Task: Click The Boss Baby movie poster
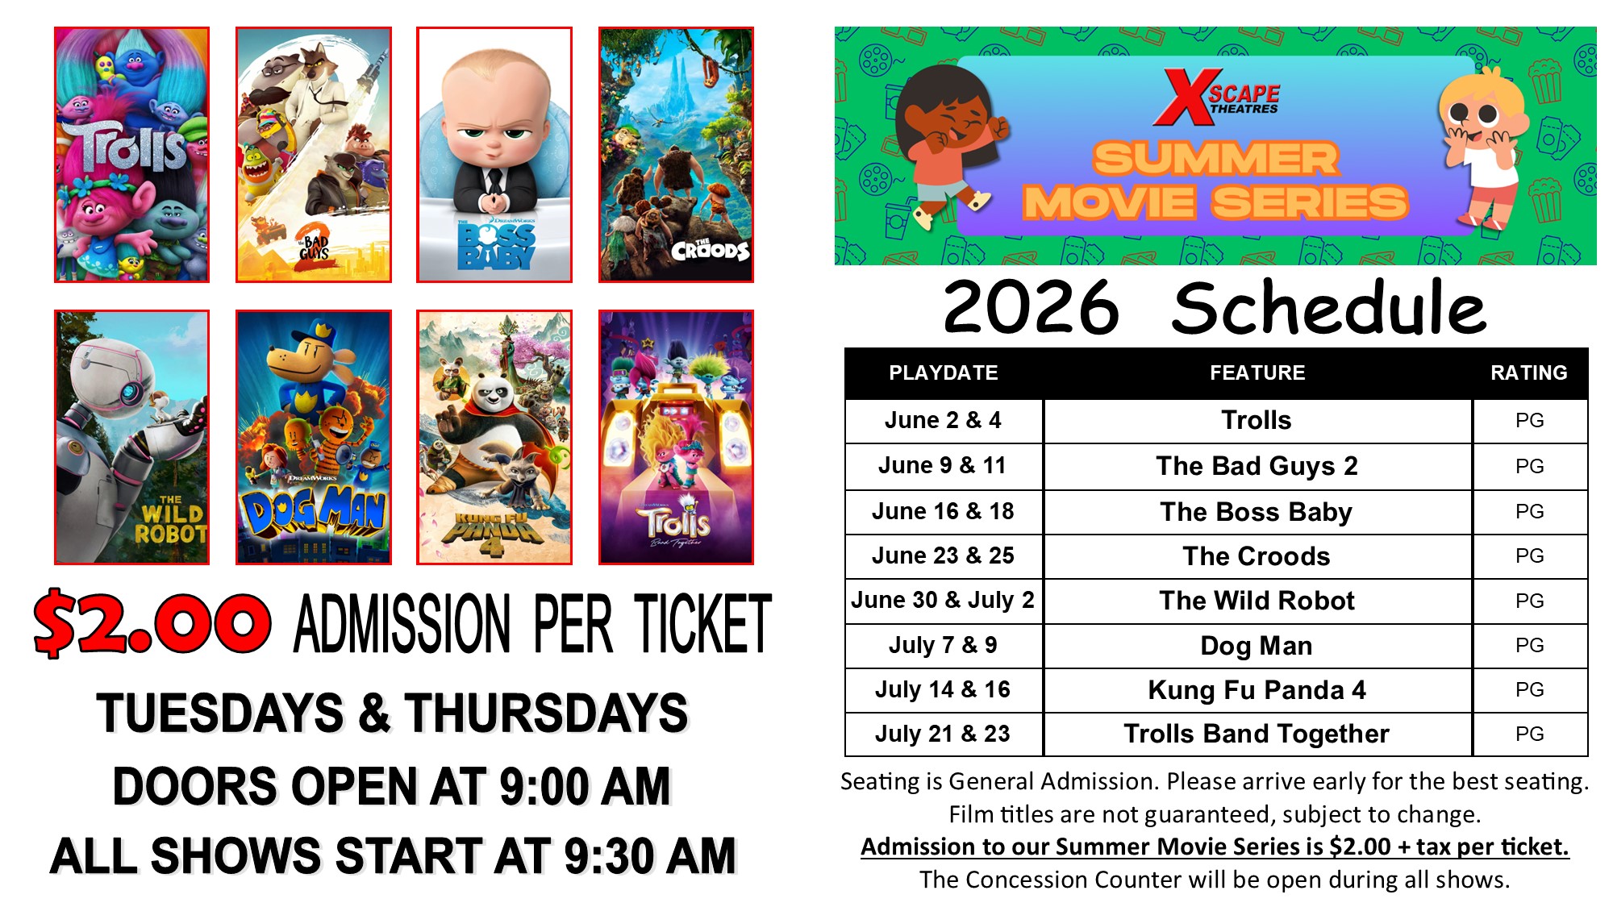[494, 155]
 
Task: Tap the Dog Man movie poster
[314, 437]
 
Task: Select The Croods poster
[676, 155]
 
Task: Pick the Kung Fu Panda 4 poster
[494, 437]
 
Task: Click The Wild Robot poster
[131, 437]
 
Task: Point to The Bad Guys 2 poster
[314, 155]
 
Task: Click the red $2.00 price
[152, 623]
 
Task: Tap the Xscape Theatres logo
[1216, 98]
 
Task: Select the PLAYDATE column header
[944, 372]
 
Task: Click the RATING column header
[1529, 372]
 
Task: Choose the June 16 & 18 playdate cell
[944, 511]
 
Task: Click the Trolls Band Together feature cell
[1257, 734]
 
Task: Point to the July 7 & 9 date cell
[944, 645]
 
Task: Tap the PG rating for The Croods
[1530, 555]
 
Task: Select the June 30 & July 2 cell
[944, 600]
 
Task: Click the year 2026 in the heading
[1032, 307]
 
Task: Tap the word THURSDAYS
[547, 713]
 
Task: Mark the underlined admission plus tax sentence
[1215, 847]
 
